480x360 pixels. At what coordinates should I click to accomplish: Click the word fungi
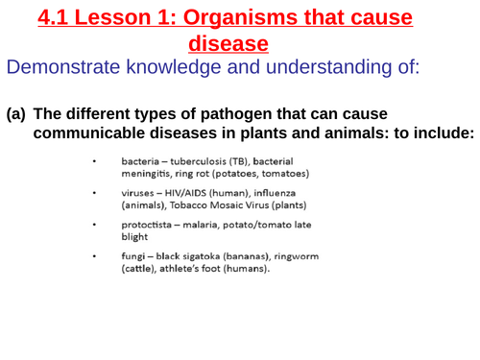(x=134, y=256)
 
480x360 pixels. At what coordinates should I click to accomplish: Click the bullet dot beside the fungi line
(x=94, y=256)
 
